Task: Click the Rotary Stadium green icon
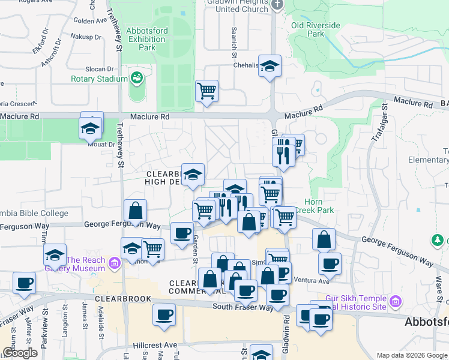point(136,78)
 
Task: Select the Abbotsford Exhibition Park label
point(147,39)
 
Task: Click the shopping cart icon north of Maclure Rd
point(206,91)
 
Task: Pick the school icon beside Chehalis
point(270,67)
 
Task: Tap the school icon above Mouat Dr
point(91,128)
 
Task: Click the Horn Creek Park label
point(319,206)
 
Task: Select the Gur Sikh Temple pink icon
point(395,301)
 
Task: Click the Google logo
point(20,353)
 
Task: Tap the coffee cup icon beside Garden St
point(182,233)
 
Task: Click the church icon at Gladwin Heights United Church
point(277,5)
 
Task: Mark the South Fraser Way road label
point(244,307)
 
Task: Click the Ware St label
point(438,285)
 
